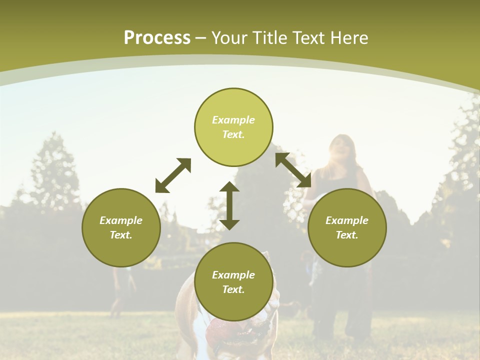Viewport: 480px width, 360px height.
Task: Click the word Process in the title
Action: (157, 38)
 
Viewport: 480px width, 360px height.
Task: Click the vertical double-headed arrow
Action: (229, 205)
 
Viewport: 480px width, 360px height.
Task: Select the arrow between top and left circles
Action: (173, 175)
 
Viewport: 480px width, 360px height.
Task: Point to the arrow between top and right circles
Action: (293, 170)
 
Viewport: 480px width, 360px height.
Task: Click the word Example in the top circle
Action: (233, 120)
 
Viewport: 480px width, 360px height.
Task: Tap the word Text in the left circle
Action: (121, 235)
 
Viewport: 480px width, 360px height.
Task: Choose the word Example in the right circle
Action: (347, 220)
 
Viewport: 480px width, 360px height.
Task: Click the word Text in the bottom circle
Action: (233, 289)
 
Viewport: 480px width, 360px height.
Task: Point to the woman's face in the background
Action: (341, 146)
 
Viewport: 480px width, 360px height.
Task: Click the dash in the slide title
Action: (201, 38)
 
